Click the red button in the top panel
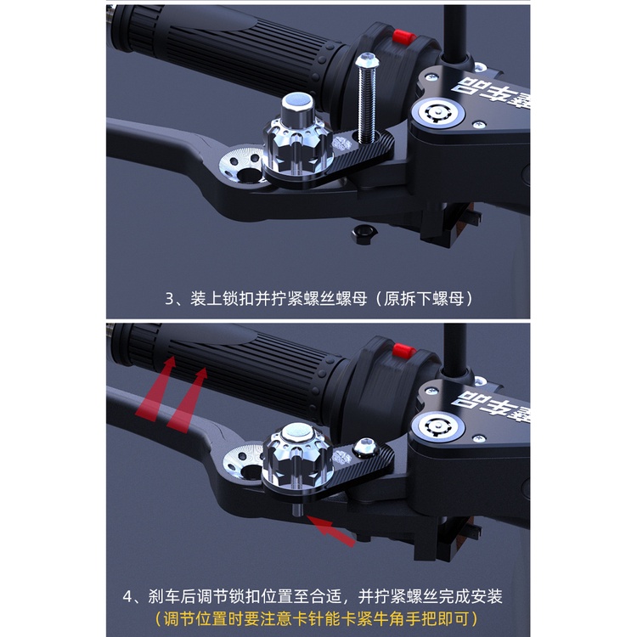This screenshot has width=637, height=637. tap(403, 37)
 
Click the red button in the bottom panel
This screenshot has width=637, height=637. tap(403, 351)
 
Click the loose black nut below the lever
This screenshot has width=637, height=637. tap(365, 234)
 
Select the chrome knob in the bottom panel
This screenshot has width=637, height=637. tap(298, 455)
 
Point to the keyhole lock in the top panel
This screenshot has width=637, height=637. tap(437, 111)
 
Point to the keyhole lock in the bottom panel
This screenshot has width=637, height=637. tap(437, 426)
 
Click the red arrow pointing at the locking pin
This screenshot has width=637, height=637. tap(331, 530)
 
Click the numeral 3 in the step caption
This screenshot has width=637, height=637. tap(169, 300)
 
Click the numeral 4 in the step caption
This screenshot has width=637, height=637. tap(127, 597)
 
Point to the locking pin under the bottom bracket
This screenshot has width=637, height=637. tap(298, 508)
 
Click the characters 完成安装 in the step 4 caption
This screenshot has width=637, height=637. tap(471, 596)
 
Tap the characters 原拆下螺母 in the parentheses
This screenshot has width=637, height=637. tap(424, 299)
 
